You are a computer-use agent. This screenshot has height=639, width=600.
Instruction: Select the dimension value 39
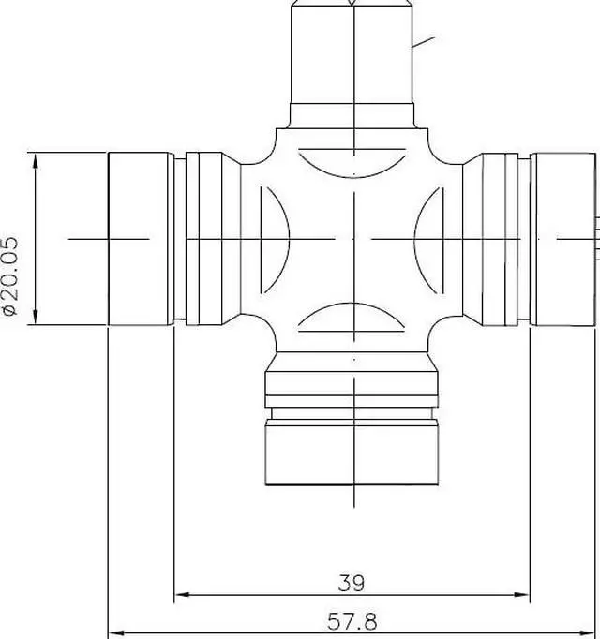(x=352, y=582)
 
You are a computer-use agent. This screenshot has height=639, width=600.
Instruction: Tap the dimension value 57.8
(x=352, y=620)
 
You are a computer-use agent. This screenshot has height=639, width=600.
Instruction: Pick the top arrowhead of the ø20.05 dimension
(x=37, y=159)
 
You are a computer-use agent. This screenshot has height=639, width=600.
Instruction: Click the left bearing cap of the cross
(x=141, y=239)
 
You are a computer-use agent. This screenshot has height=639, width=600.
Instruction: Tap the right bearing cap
(x=562, y=239)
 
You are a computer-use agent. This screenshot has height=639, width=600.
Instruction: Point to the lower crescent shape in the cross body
(x=352, y=318)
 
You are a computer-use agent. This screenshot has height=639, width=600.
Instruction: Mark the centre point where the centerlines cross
(x=353, y=239)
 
